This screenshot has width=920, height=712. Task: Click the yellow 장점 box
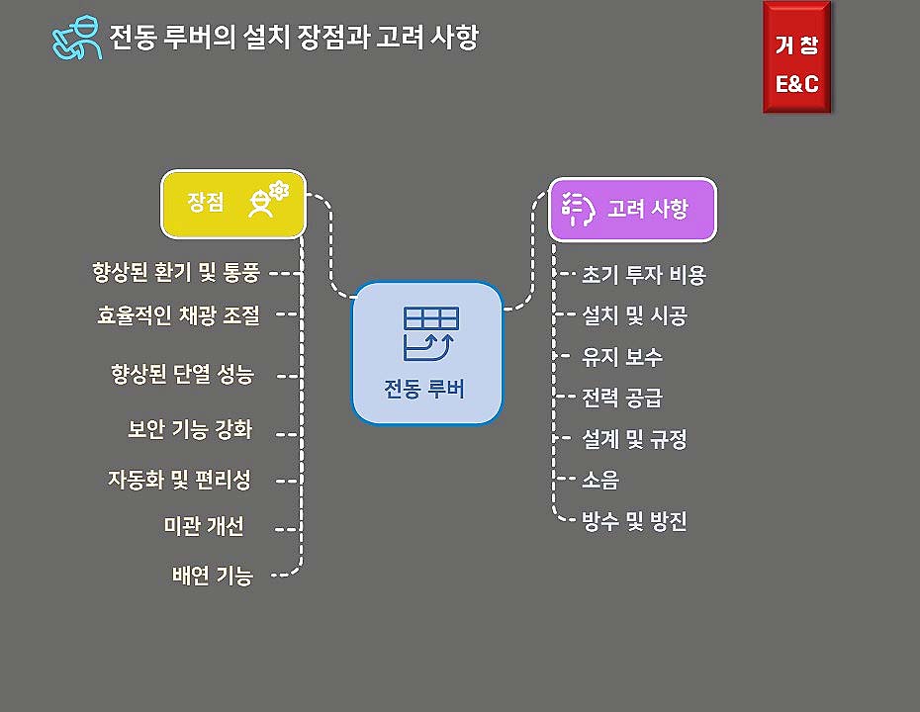point(233,204)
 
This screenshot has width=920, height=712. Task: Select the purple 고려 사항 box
point(632,209)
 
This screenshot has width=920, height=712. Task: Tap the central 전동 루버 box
point(427,353)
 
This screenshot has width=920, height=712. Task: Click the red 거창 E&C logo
point(796,57)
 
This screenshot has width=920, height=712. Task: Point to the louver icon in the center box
point(430,331)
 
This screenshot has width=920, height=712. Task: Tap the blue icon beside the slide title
point(77,39)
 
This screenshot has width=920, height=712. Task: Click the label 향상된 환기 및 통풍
point(176,272)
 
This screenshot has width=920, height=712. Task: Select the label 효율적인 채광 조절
point(179,314)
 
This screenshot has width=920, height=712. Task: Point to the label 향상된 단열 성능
point(183,375)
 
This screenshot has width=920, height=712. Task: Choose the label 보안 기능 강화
point(190,430)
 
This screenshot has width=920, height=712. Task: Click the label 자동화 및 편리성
point(179,480)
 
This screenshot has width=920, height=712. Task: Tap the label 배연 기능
point(212,576)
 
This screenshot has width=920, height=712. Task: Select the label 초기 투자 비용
point(644,275)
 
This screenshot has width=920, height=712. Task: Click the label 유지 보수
point(622,357)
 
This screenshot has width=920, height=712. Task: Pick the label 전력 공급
point(622,398)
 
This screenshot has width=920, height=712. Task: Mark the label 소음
point(600,481)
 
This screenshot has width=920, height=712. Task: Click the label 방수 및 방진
point(634,521)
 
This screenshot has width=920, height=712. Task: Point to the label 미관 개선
point(203,526)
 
